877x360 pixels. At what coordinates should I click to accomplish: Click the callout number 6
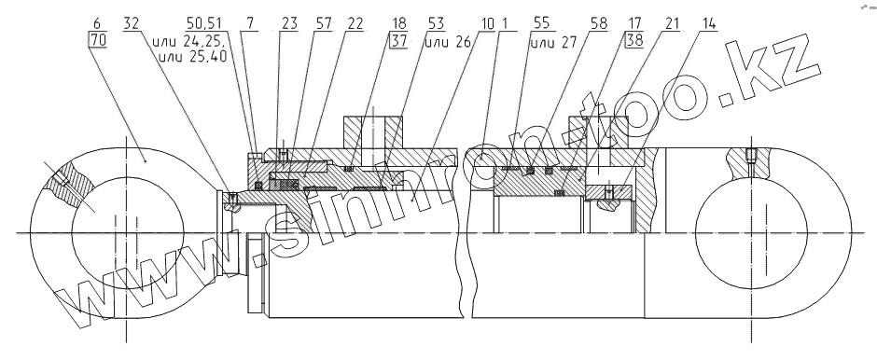pyautogui.click(x=97, y=24)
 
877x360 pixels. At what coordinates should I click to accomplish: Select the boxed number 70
pyautogui.click(x=97, y=40)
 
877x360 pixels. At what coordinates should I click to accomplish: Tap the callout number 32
pyautogui.click(x=131, y=24)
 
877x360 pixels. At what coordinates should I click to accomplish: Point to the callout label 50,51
pyautogui.click(x=204, y=24)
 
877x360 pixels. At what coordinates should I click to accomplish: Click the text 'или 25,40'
pyautogui.click(x=193, y=56)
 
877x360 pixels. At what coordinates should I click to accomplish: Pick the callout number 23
pyautogui.click(x=289, y=24)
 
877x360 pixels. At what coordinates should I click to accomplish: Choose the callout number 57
pyautogui.click(x=324, y=24)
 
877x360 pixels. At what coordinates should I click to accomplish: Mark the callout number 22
pyautogui.click(x=355, y=24)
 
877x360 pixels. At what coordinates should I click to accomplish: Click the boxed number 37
pyautogui.click(x=398, y=40)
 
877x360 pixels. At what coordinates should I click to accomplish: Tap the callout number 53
pyautogui.click(x=436, y=24)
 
